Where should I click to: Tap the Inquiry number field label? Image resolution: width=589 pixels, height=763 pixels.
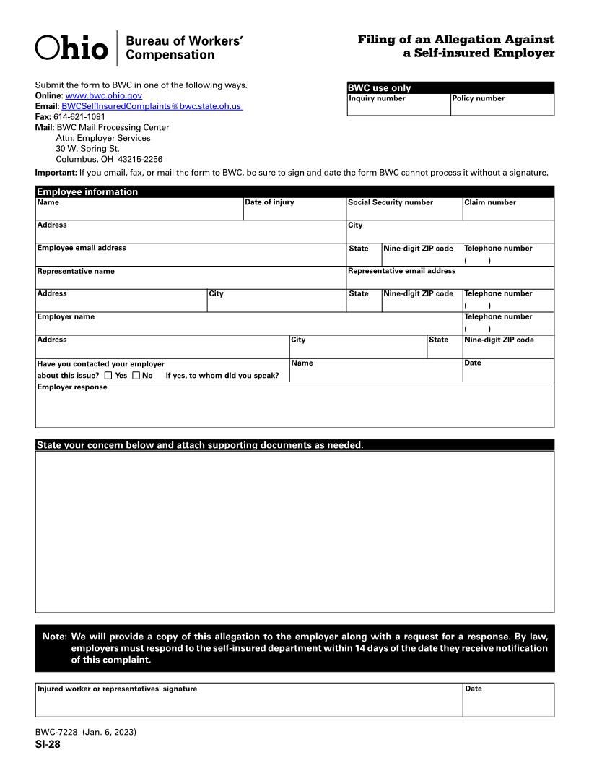(377, 98)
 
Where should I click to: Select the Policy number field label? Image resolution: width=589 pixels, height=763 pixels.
(479, 98)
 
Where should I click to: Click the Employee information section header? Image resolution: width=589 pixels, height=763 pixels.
(87, 191)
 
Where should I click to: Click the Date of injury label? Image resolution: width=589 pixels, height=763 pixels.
(269, 202)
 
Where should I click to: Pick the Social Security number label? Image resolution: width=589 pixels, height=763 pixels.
(391, 202)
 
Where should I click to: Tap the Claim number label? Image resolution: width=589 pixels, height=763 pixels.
(490, 202)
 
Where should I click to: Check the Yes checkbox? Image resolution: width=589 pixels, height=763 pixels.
(108, 376)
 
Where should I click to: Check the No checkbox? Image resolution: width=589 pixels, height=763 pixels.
(136, 376)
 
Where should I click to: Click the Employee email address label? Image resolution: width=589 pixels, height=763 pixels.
(82, 248)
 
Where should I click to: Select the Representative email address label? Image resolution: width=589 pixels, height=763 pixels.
(401, 271)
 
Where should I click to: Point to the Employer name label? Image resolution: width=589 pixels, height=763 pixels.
(66, 316)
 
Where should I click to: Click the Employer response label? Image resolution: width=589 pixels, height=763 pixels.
(72, 387)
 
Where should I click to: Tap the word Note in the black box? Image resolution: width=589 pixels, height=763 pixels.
(54, 637)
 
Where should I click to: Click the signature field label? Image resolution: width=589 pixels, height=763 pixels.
(117, 689)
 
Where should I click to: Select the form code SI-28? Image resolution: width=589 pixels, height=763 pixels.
(48, 745)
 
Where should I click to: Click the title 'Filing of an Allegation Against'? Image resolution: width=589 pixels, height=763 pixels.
(456, 40)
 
